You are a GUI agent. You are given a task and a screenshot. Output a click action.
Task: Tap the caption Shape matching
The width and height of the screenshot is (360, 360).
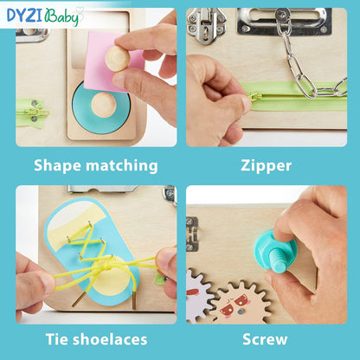96,164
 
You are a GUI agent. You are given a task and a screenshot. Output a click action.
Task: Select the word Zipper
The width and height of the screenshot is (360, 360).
267,164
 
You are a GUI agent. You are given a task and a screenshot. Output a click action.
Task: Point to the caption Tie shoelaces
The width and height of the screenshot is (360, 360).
96,339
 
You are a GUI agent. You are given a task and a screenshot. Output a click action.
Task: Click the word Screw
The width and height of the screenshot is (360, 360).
267,339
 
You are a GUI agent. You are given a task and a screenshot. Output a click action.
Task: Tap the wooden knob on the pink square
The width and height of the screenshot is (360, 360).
116,57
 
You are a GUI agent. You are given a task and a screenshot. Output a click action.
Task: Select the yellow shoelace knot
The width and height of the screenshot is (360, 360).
105,262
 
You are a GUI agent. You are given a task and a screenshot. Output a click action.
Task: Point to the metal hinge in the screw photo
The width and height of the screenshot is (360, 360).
191,235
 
